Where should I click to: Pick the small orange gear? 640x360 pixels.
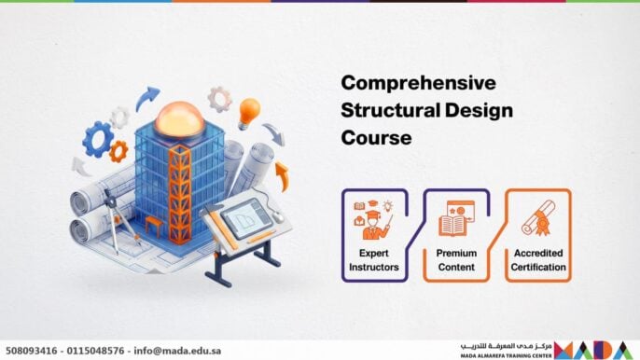pyautogui.click(x=118, y=151)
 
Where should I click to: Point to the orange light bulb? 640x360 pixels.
pyautogui.click(x=248, y=112)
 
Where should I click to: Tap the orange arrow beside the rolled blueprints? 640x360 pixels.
pyautogui.click(x=282, y=174)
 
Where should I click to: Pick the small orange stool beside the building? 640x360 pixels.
pyautogui.click(x=153, y=225)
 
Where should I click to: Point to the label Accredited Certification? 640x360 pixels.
pyautogui.click(x=537, y=259)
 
